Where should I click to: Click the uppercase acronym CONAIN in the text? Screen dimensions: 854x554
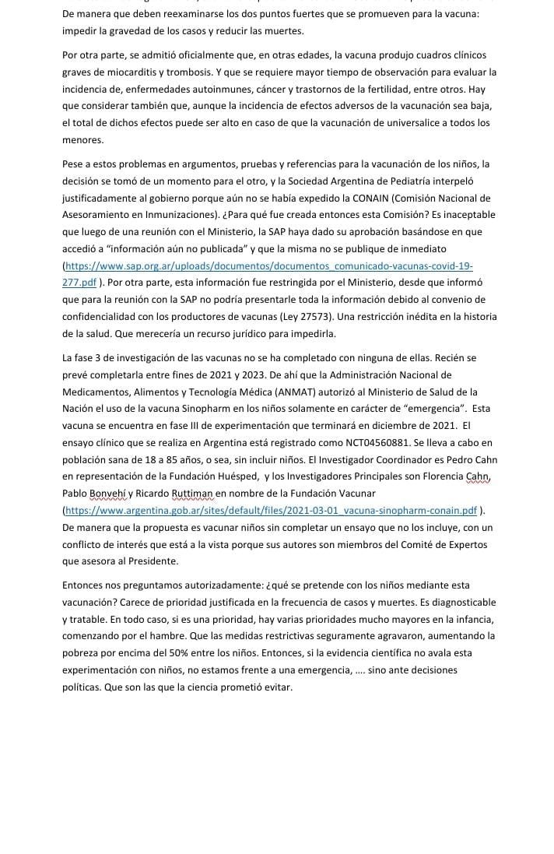[x=394, y=198]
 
